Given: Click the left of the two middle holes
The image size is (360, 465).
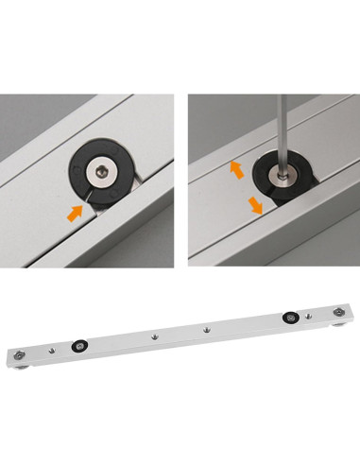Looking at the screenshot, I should (x=152, y=336).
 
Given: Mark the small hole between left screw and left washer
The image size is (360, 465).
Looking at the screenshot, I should (x=52, y=349).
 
